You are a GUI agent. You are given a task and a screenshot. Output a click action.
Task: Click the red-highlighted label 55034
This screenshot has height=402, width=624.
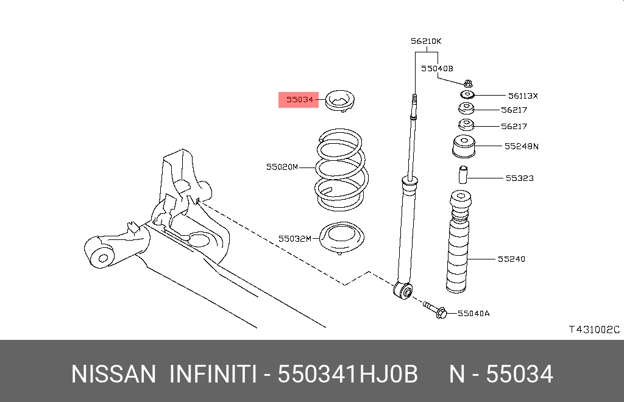pos(299,99)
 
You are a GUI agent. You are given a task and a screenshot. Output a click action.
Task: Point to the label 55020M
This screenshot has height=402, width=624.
pos(282,166)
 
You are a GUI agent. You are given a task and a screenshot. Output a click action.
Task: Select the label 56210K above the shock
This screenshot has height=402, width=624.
pos(425,41)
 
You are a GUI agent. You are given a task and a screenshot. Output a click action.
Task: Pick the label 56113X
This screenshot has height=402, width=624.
pos(523,96)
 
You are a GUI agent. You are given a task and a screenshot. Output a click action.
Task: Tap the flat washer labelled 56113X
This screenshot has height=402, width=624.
pos(467,95)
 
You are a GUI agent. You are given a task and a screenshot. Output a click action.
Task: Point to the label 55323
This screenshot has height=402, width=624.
pos(519,178)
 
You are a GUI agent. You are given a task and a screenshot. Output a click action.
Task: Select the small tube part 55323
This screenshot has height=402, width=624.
pos(463,175)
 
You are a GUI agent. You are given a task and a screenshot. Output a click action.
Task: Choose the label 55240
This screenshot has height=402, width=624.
pos(511,259)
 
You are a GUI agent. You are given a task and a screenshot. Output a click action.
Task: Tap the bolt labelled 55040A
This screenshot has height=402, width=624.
pos(434,310)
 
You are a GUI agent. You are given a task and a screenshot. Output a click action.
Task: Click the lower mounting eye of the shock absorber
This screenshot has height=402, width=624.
pos(403,291)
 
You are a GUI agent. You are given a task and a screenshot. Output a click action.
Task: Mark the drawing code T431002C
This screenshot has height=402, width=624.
pos(594,330)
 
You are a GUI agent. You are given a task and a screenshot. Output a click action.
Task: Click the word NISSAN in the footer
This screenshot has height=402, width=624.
pos(114,373)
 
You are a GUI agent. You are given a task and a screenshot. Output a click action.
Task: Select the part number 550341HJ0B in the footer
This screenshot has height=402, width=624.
pos(348,373)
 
